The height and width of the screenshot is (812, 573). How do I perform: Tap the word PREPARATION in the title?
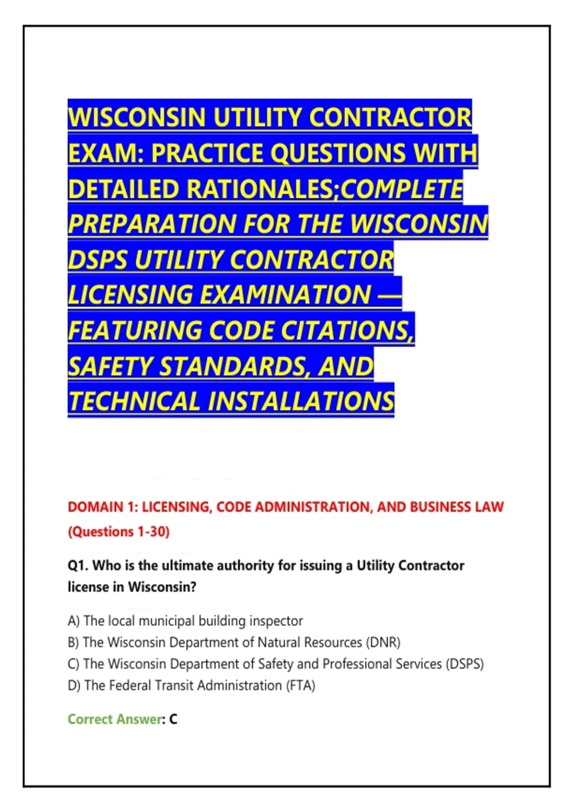point(152,224)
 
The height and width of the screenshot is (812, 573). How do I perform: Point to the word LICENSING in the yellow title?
point(130,294)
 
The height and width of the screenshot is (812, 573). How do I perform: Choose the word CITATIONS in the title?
point(347,330)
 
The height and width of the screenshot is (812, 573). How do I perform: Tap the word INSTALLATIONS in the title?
point(301,401)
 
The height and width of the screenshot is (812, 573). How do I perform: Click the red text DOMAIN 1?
point(103,507)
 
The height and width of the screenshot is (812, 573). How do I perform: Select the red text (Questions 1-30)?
point(119,532)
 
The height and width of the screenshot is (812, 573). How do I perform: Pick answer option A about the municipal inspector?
point(185,621)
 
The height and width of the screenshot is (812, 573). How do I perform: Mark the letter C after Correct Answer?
point(173,719)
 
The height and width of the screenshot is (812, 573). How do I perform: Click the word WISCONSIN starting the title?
point(137,118)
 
